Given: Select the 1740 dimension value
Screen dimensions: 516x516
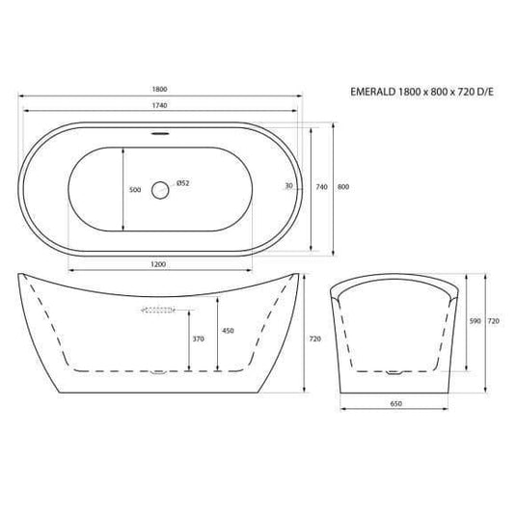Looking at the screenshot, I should point(161,106).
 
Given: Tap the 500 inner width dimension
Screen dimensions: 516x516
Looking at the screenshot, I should point(135,190).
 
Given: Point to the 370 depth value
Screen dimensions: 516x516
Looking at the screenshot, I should point(198,339).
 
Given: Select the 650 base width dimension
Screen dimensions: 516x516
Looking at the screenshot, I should point(396,403).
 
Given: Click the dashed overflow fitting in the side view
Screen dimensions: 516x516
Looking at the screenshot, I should point(158,310).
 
